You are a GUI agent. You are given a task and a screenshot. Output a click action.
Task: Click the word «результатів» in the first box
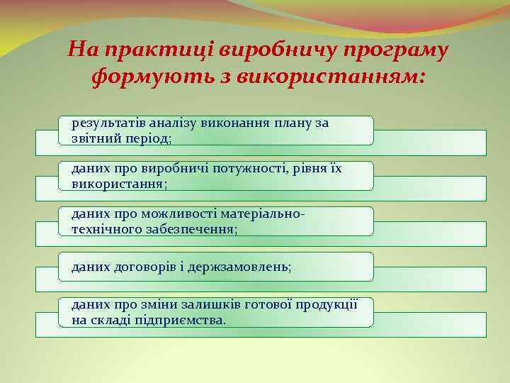coord(104,123)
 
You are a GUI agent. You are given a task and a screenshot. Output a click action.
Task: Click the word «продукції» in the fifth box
coord(329,305)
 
